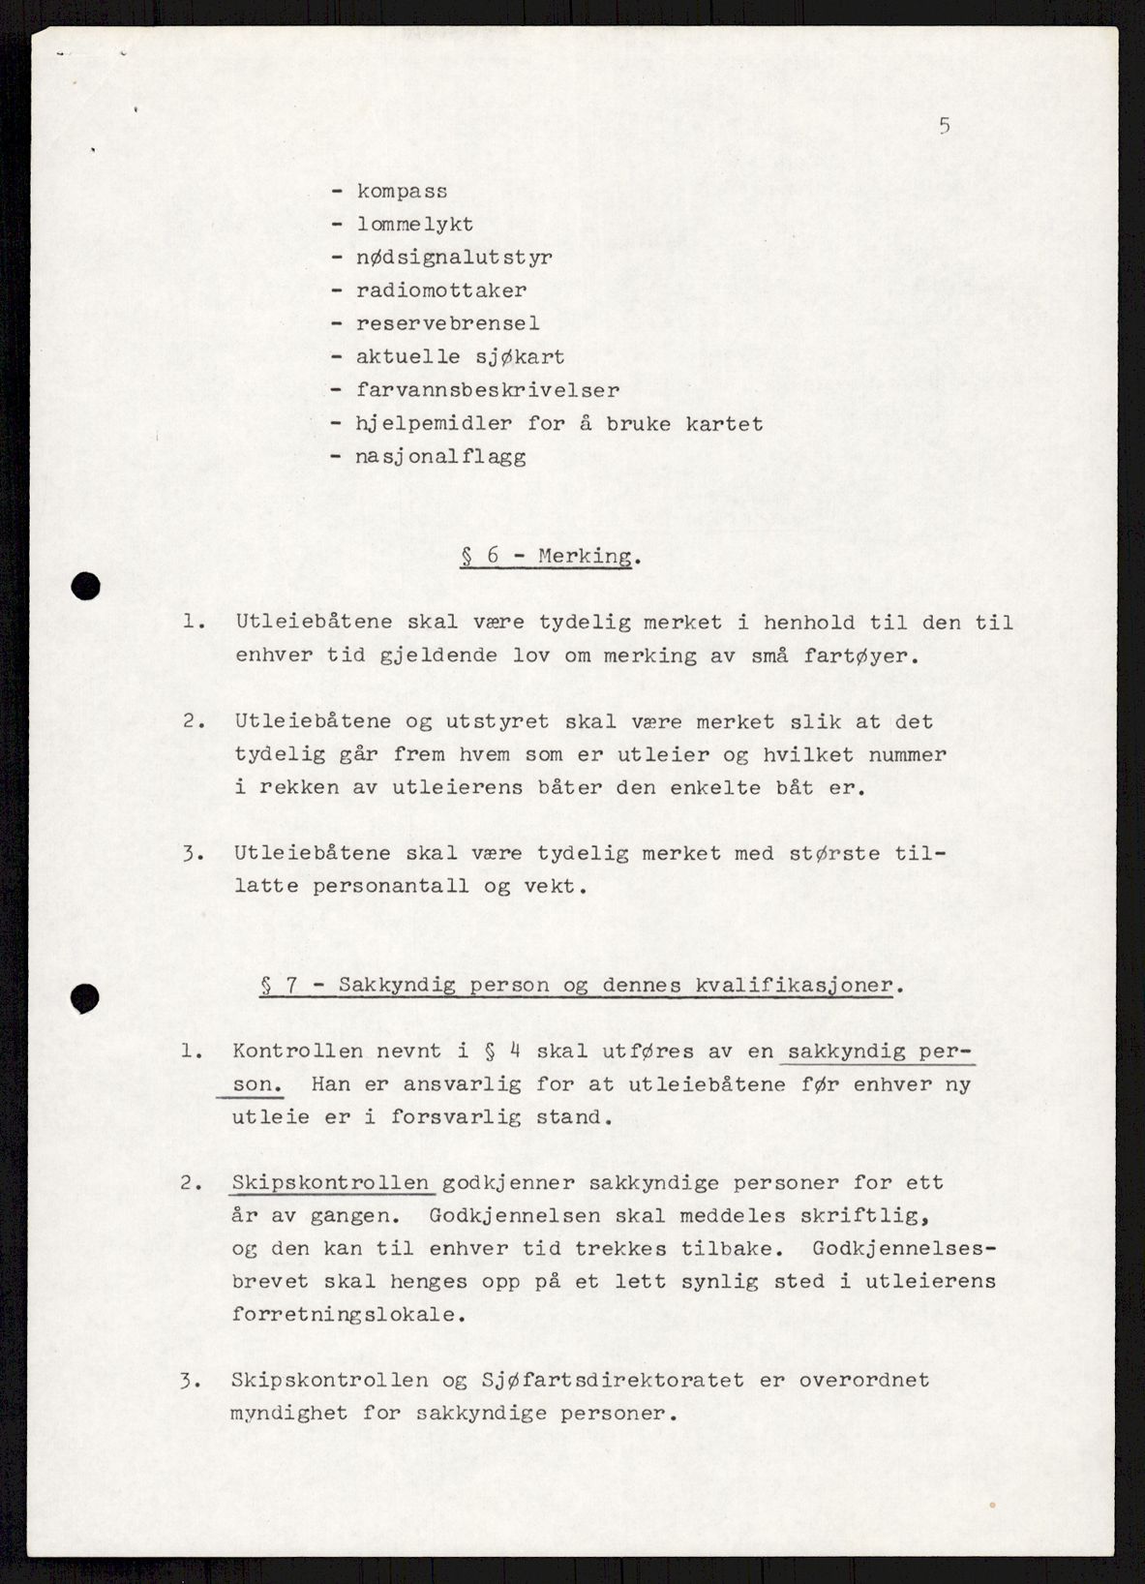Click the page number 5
pyautogui.click(x=944, y=126)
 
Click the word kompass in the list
pyautogui.click(x=402, y=192)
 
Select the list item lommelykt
pyautogui.click(x=415, y=225)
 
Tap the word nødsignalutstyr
pyautogui.click(x=454, y=258)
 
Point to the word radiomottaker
pyautogui.click(x=441, y=290)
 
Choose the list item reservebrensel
pyautogui.click(x=447, y=323)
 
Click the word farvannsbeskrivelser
pyautogui.click(x=488, y=390)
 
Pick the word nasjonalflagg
pyautogui.click(x=441, y=456)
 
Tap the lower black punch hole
pyautogui.click(x=86, y=997)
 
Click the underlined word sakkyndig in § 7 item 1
pyautogui.click(x=848, y=1051)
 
